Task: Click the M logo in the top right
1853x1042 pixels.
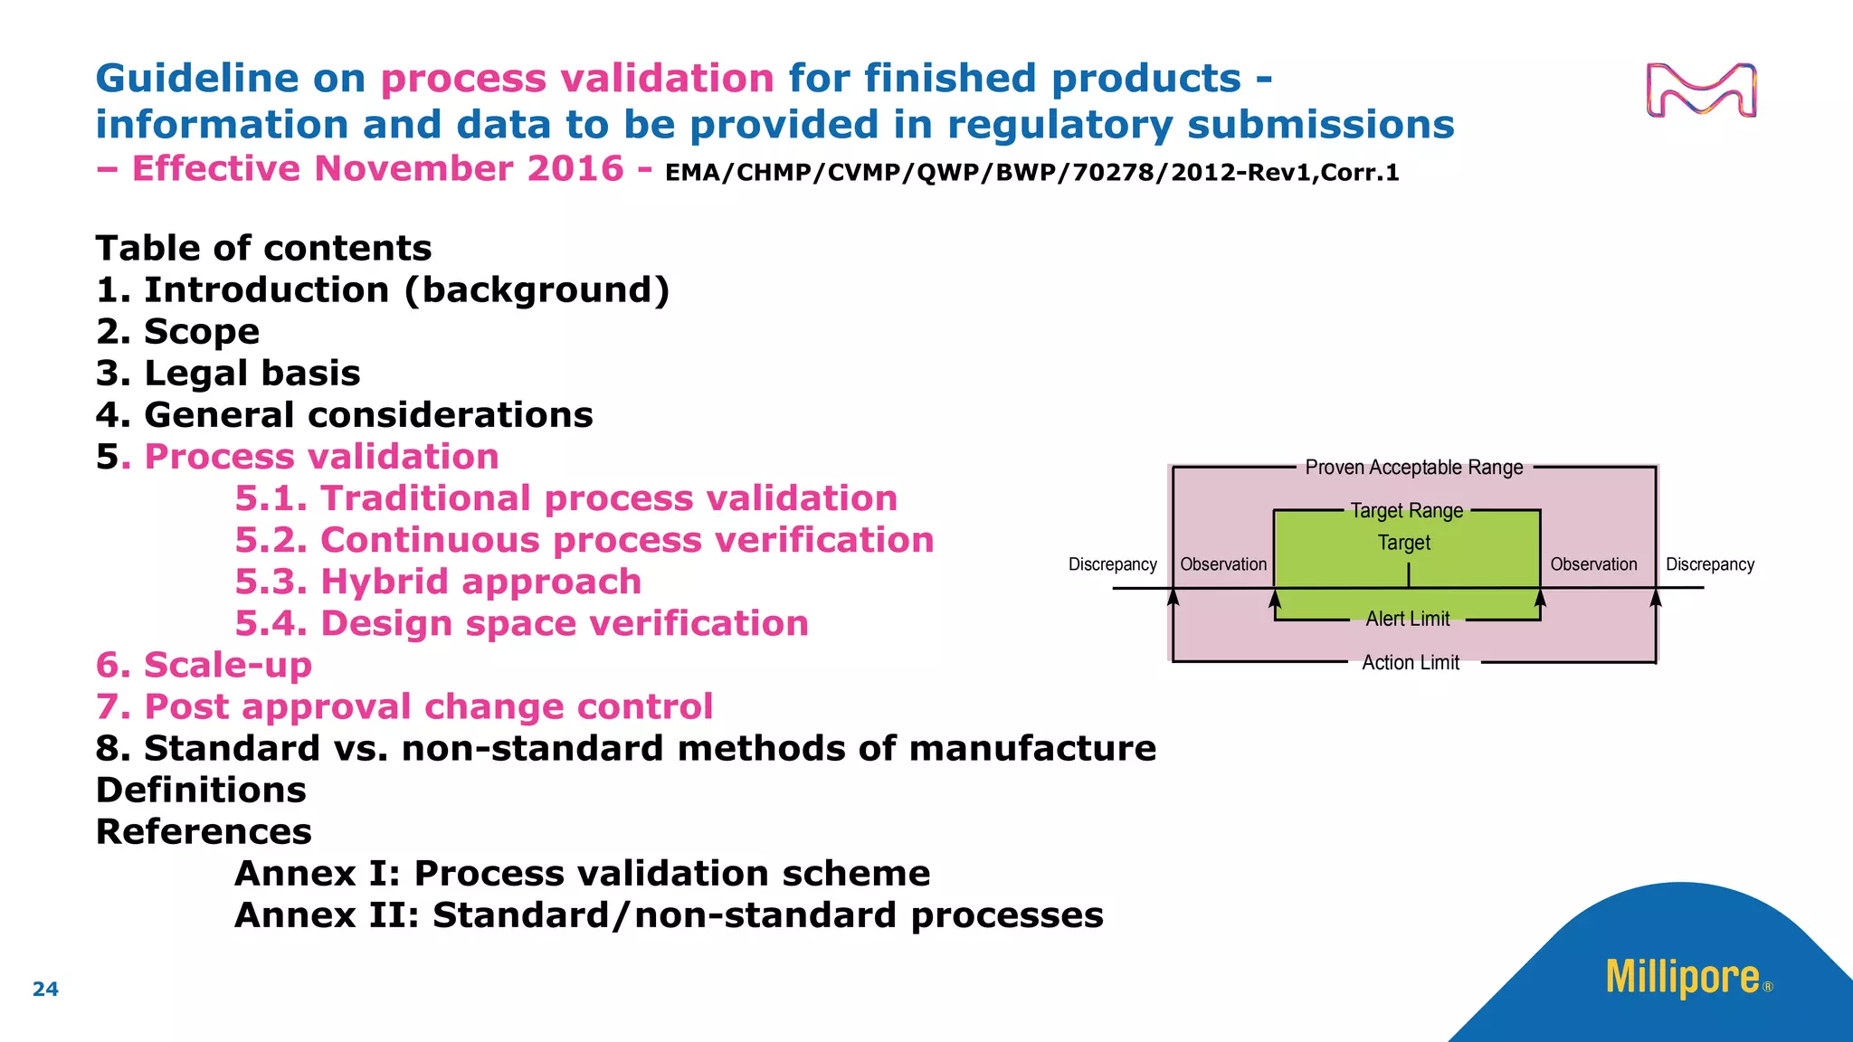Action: tap(1701, 90)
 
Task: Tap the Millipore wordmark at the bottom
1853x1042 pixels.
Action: tap(1683, 978)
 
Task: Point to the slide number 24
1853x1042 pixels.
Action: tap(45, 990)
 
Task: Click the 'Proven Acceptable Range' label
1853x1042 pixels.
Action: tap(1414, 468)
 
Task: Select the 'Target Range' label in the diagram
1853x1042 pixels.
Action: tap(1407, 511)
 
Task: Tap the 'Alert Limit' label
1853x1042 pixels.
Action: tap(1408, 619)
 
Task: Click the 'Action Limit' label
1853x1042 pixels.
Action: tap(1411, 663)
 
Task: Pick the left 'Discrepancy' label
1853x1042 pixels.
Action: tap(1112, 564)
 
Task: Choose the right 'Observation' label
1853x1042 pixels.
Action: tap(1593, 564)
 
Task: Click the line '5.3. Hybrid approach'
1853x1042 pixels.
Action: tap(438, 582)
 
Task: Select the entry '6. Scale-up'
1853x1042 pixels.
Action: tap(204, 665)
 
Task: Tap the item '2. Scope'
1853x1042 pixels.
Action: tap(177, 331)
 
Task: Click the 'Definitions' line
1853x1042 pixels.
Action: tap(201, 790)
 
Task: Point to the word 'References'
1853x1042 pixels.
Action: tap(204, 831)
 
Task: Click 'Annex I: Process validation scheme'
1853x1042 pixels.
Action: tap(582, 873)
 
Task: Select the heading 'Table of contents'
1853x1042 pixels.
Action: tap(263, 248)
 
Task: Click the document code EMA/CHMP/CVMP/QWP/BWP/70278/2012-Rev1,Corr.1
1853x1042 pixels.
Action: tap(1031, 172)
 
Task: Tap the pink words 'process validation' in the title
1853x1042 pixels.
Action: tap(576, 79)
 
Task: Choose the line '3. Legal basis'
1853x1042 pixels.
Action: tap(228, 373)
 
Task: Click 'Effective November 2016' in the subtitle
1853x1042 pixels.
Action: tap(378, 169)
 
